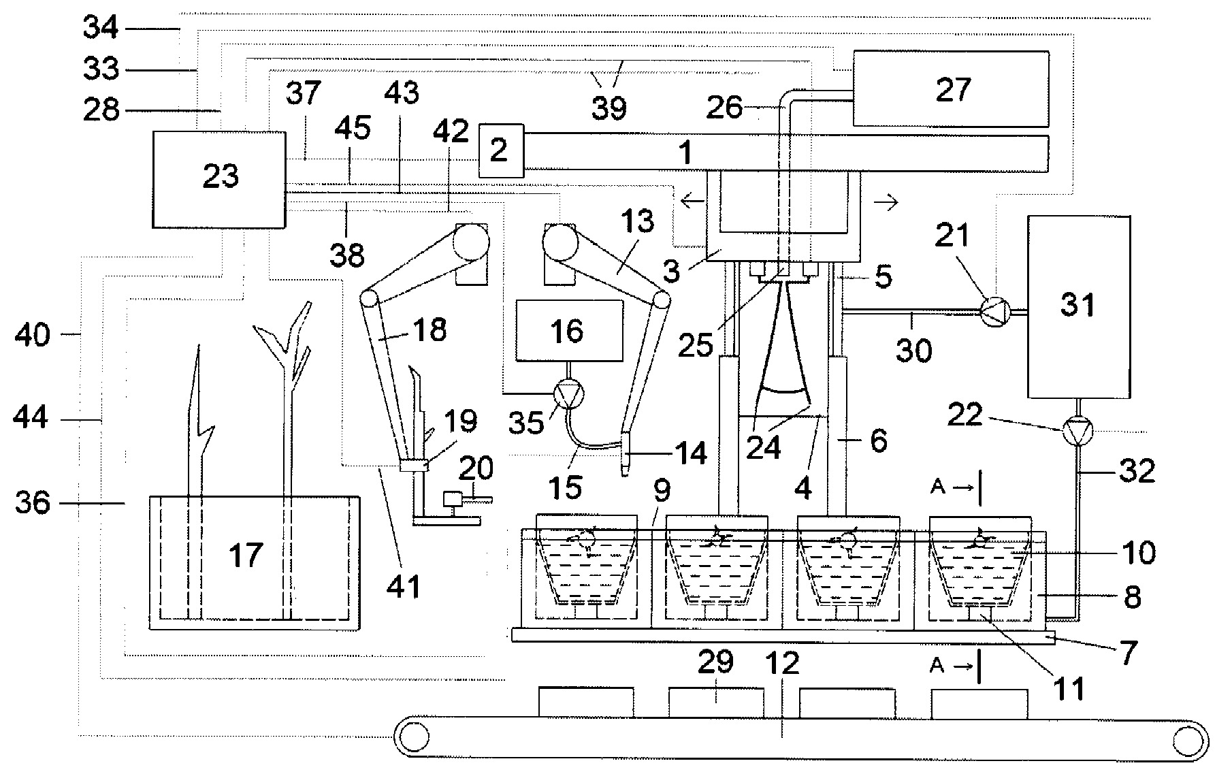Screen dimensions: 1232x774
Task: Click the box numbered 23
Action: tap(218, 180)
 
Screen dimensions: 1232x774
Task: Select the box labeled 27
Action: tap(950, 88)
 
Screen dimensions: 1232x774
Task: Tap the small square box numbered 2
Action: tap(501, 150)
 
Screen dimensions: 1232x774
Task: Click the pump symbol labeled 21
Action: tap(994, 312)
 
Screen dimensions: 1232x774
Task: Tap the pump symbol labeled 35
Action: tap(567, 394)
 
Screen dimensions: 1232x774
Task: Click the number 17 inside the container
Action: tap(246, 555)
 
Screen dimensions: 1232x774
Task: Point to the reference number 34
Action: tap(101, 28)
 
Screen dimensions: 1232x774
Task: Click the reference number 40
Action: tap(32, 334)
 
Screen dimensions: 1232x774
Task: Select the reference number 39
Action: tap(609, 108)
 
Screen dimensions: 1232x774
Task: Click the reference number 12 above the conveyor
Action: tap(783, 662)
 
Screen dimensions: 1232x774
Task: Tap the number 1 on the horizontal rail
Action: tap(686, 153)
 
